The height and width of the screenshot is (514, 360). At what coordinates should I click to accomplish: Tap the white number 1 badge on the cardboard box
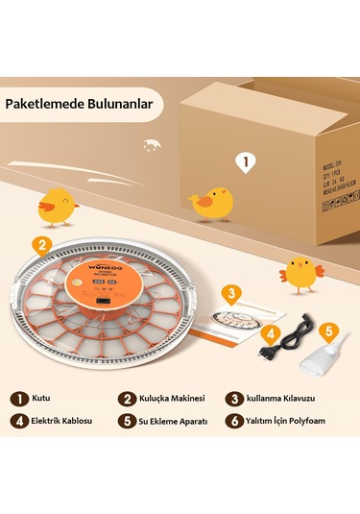click(245, 162)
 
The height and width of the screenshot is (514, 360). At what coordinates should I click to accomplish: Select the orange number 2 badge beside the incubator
click(41, 244)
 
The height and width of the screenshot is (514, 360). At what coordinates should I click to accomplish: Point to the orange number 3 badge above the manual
click(230, 293)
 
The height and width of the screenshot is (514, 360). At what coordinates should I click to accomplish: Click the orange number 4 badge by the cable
click(271, 334)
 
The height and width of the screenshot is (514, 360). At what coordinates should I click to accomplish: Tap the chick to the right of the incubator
click(302, 275)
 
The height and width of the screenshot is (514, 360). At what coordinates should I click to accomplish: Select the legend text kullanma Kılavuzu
click(283, 398)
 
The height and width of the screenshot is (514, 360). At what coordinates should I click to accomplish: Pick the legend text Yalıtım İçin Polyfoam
click(297, 420)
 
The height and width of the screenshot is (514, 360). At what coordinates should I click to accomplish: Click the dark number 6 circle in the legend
click(233, 420)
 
